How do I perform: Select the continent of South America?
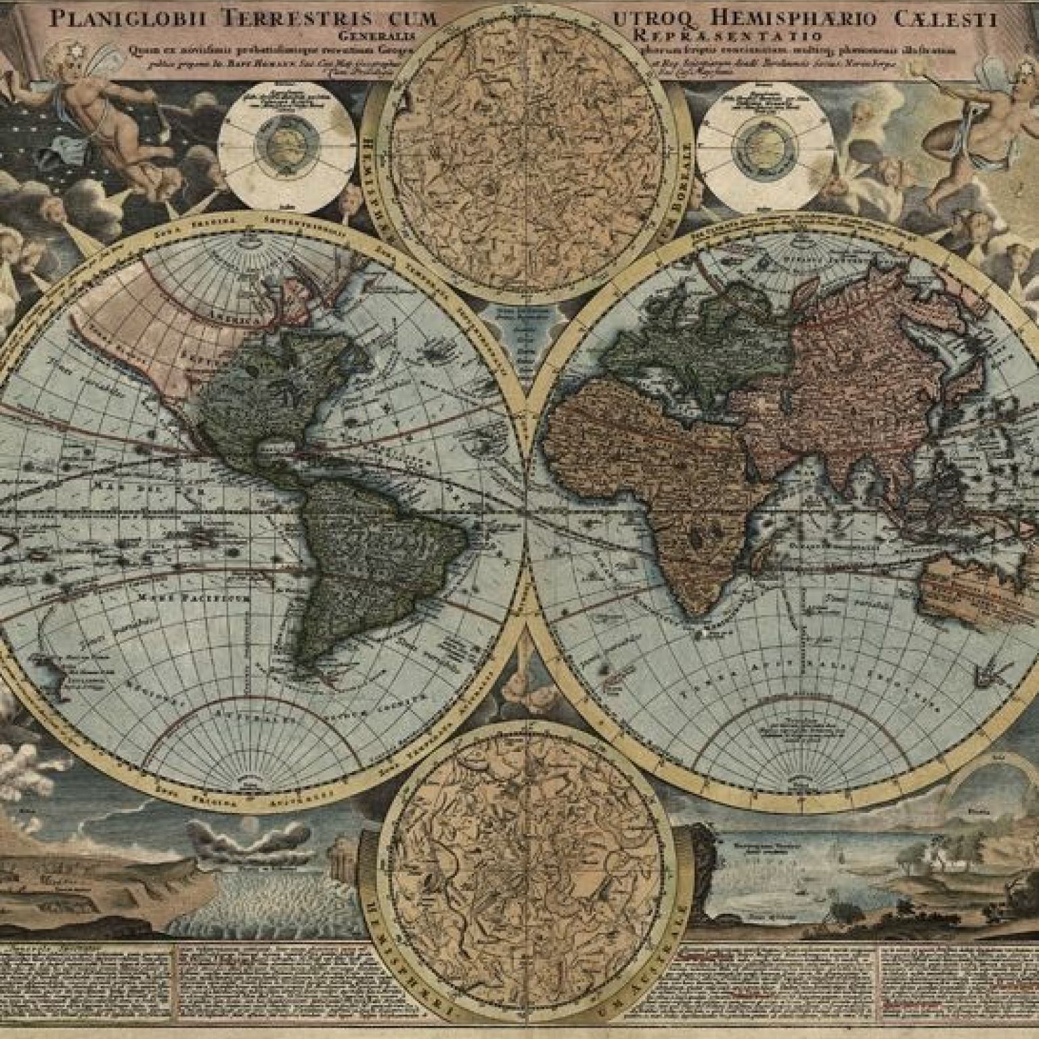(366, 555)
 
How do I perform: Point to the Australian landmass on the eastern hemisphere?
(975, 582)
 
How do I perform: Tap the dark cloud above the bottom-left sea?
(234, 839)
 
